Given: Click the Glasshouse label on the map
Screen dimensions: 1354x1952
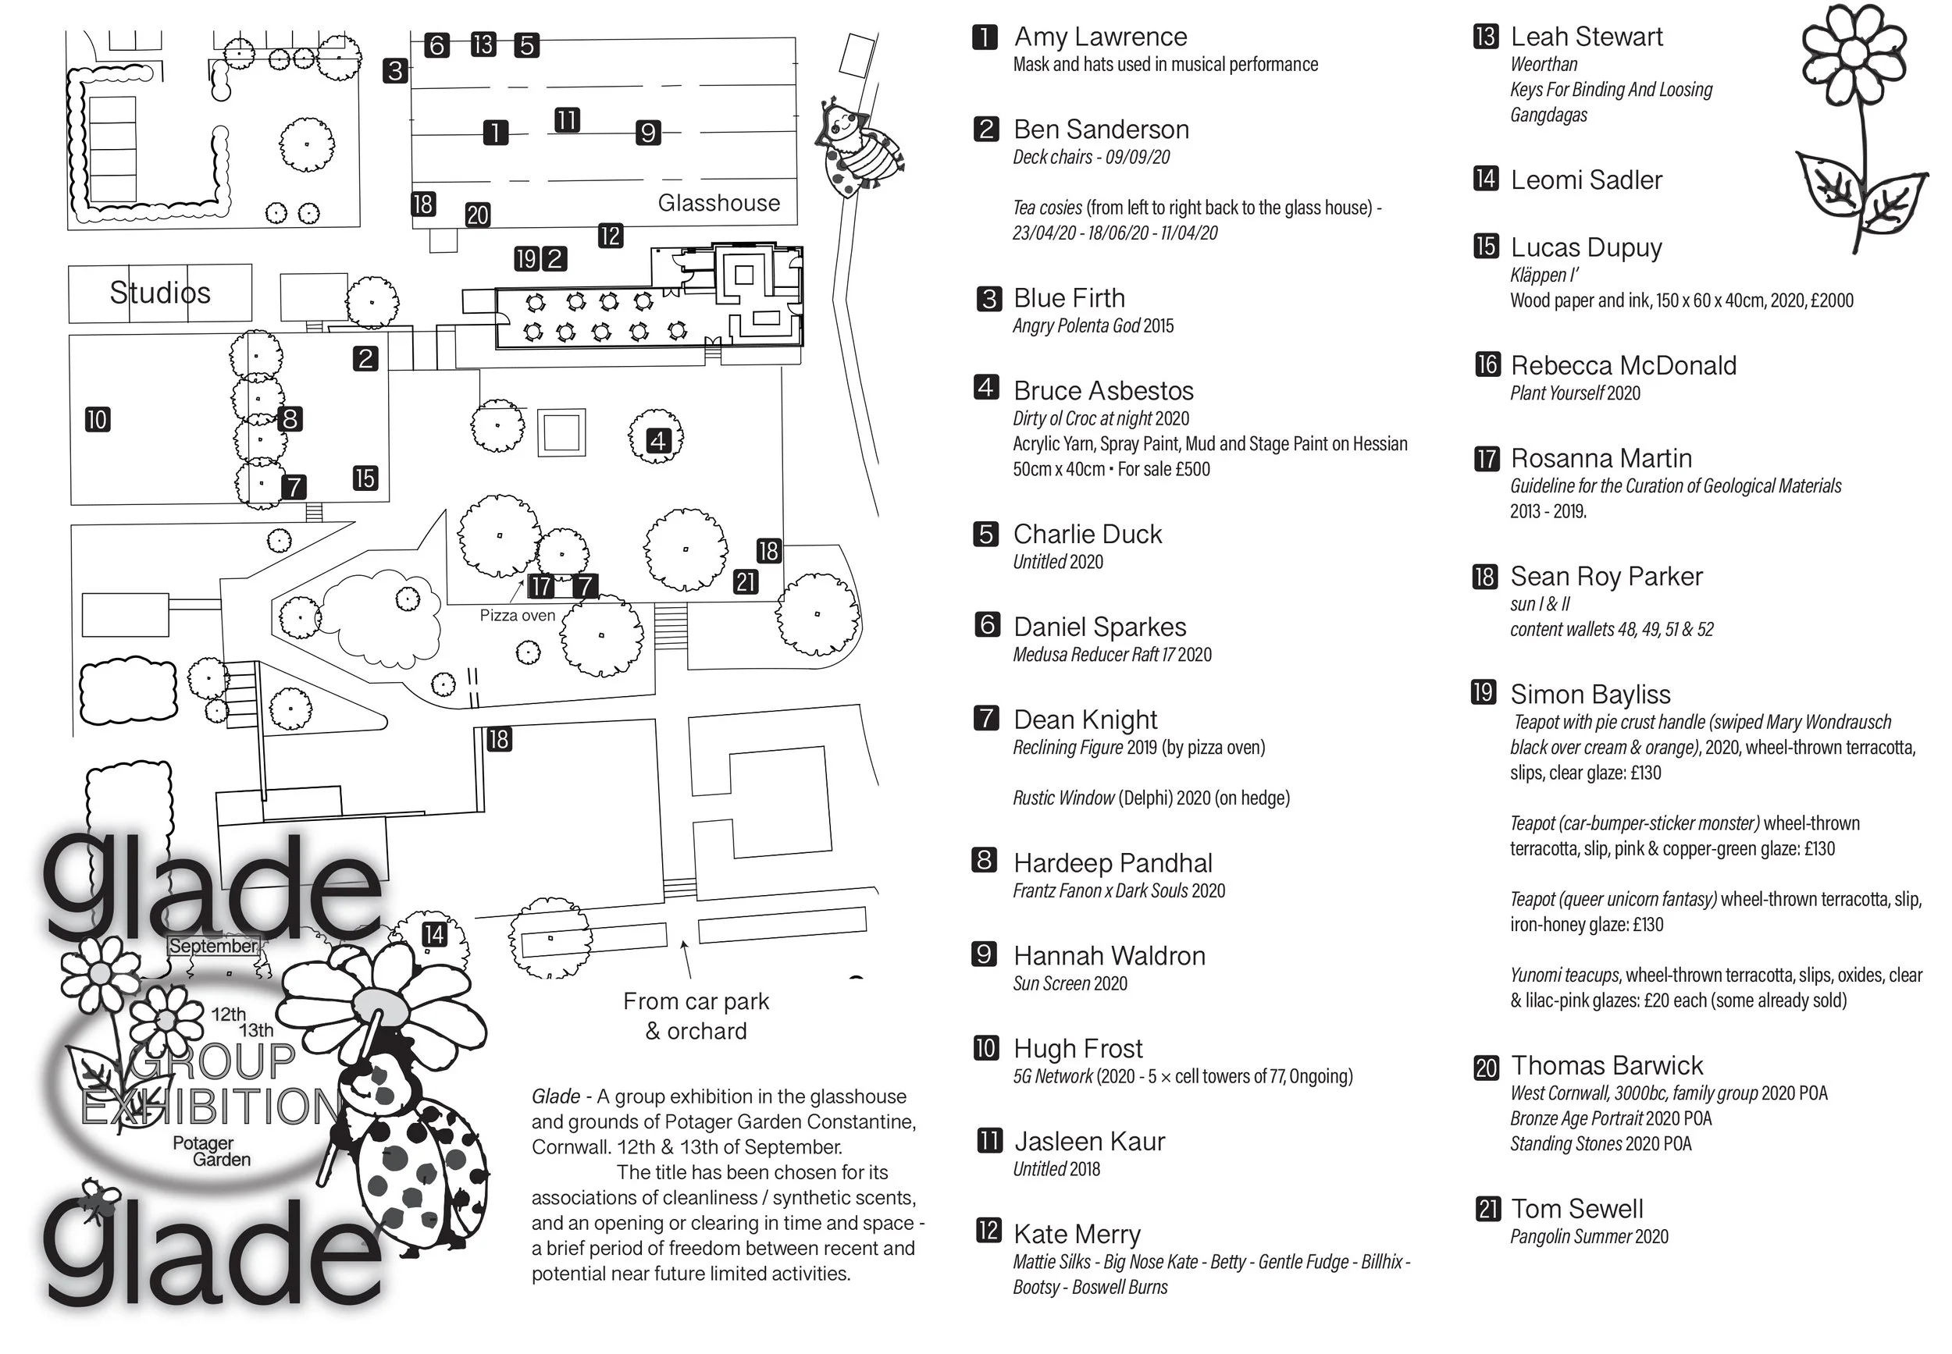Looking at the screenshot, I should [718, 203].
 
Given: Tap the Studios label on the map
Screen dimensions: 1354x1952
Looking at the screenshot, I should [159, 293].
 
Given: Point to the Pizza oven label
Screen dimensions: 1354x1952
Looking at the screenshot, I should [517, 615].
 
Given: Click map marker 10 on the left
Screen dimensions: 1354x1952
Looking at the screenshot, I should [98, 419].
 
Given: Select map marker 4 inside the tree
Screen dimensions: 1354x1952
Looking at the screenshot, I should [657, 440].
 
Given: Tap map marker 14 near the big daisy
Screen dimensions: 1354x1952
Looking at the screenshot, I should [433, 934].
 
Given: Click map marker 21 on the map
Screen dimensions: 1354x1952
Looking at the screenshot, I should [746, 582].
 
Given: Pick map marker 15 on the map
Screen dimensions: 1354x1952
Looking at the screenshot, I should [365, 478].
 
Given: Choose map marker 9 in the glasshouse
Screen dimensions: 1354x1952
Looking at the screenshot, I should [647, 133].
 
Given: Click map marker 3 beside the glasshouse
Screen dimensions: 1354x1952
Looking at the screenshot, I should [394, 70].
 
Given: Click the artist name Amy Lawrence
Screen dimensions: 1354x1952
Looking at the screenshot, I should [1100, 37].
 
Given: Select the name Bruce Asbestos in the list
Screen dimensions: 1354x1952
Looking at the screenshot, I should [1103, 390].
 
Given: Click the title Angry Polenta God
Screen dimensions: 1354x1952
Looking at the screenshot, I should [1076, 325].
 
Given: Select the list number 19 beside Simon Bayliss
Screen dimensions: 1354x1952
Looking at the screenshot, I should [1484, 692].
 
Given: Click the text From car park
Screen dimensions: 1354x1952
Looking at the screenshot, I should [696, 1001].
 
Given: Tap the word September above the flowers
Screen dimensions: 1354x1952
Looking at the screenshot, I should [213, 946].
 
